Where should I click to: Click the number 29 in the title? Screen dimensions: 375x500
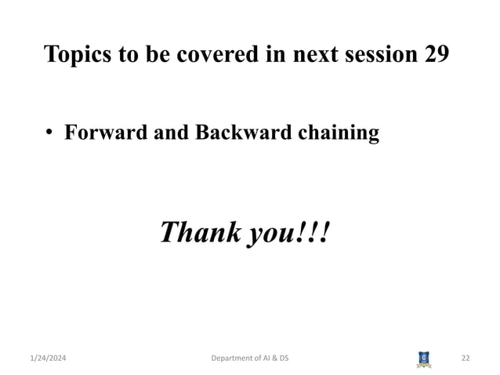436,55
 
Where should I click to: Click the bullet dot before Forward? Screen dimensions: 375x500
49,134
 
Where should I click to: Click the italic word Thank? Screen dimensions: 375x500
199,232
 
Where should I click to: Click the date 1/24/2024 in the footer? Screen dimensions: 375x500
48,359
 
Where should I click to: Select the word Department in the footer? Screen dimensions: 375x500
235,359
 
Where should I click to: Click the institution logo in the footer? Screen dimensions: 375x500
423,359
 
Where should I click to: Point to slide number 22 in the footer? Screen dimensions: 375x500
466,359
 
